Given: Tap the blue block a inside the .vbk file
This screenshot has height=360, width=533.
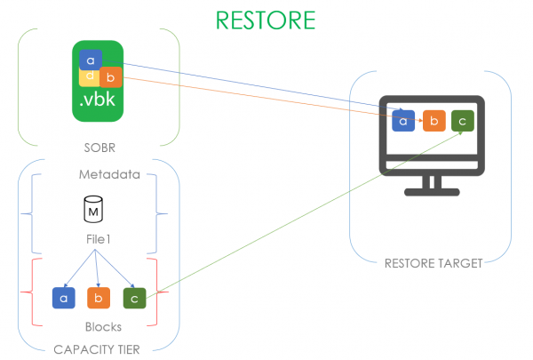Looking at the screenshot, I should click(90, 60).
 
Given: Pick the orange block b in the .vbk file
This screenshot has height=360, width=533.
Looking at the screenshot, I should click(110, 77).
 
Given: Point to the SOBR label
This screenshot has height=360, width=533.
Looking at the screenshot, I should click(98, 148).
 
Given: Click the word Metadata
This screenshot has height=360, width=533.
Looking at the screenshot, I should click(98, 173).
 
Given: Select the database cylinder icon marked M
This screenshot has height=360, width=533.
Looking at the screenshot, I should click(92, 211).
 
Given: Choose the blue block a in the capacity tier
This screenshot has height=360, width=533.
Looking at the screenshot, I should click(63, 297).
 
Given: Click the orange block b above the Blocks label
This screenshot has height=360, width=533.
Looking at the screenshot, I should click(98, 297).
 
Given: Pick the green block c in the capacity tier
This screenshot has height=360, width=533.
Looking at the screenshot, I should click(133, 297).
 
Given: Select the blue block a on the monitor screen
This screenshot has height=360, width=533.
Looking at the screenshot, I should click(403, 121).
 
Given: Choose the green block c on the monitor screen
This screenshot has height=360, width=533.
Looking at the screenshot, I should click(462, 121).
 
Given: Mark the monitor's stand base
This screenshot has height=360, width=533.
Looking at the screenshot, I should click(430, 189).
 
